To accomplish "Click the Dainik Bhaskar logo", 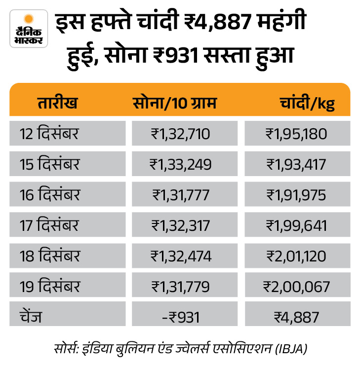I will coord(29,28).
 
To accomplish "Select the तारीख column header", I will coord(57,104).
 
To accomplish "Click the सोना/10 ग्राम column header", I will coord(175,104).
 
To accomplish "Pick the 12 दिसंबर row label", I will coord(50,133).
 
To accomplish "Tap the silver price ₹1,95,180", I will coord(296,134).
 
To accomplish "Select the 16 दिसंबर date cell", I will coord(50,194).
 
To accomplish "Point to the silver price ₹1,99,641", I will coord(296,225).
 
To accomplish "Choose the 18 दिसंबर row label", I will coord(50,256).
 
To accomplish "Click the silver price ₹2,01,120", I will coord(296,256).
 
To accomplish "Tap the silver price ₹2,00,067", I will coord(296,287).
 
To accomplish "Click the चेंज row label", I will coord(32,317).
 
